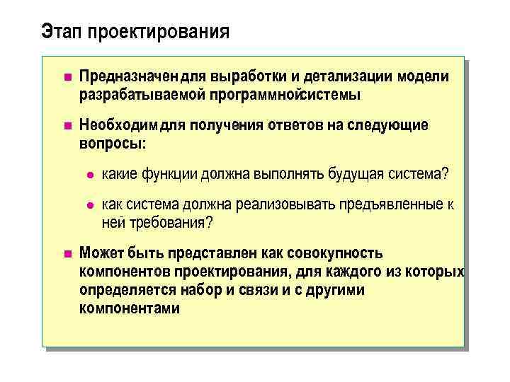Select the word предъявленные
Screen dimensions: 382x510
pos(392,205)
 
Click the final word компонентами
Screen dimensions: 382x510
pos(129,308)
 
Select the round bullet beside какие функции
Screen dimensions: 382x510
pos(88,174)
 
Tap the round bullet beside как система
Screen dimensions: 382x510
pos(88,205)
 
